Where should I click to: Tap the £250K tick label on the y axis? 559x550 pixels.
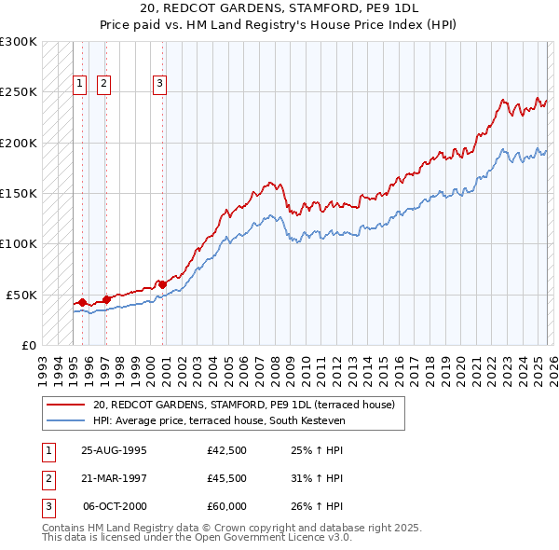[18, 92]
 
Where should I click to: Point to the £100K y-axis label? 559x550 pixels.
[18, 243]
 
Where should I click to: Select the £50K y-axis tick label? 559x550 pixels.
[21, 295]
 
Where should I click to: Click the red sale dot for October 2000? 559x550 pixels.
[162, 283]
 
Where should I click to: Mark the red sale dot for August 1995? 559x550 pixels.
[82, 302]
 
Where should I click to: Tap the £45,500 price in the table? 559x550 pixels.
[227, 478]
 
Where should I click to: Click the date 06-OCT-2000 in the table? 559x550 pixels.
[115, 506]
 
